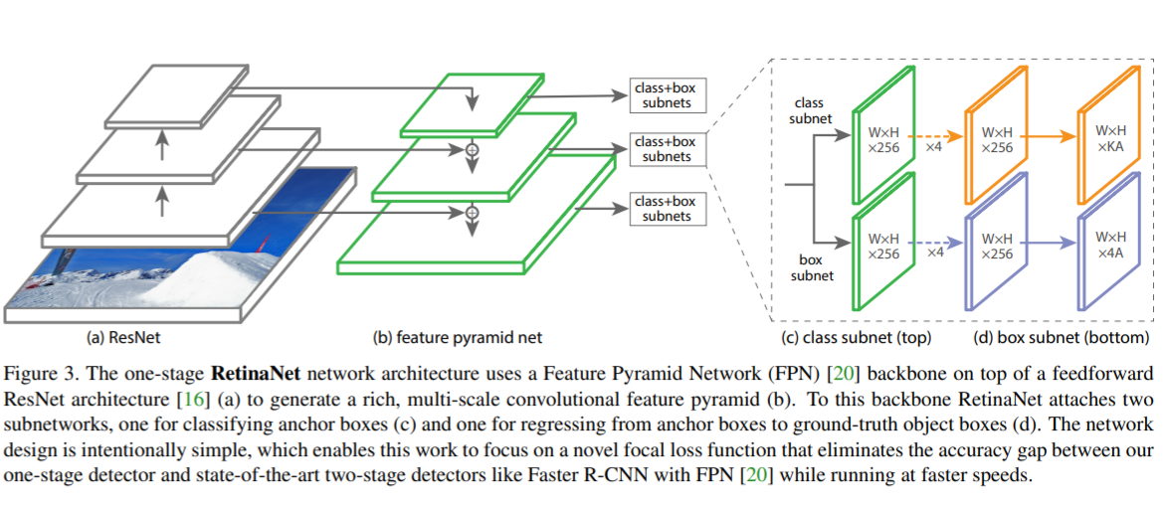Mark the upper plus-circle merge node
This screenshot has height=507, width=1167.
[x=473, y=149]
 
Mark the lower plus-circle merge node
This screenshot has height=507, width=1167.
[x=473, y=212]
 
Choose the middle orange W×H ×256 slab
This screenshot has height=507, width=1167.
[x=996, y=138]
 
